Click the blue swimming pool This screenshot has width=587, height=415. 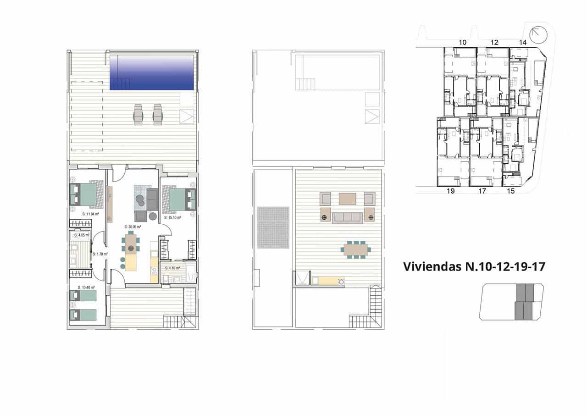152,72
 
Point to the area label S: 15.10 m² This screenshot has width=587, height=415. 173,218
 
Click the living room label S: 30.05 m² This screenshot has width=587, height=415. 133,227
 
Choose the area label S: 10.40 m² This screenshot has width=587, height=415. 86,287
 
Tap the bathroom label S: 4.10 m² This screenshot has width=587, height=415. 172,268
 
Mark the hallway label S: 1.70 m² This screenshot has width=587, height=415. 100,254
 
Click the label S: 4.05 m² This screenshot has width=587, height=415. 82,235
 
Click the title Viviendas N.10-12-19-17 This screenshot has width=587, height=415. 474,267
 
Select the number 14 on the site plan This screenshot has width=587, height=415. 522,42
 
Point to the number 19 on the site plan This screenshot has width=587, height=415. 450,191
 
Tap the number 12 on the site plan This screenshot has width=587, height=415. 494,42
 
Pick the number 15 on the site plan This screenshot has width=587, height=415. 511,191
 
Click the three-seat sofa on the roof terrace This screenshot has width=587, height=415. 347,217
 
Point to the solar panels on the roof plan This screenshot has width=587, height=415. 273,227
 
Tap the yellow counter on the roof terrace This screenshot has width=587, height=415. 327,281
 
